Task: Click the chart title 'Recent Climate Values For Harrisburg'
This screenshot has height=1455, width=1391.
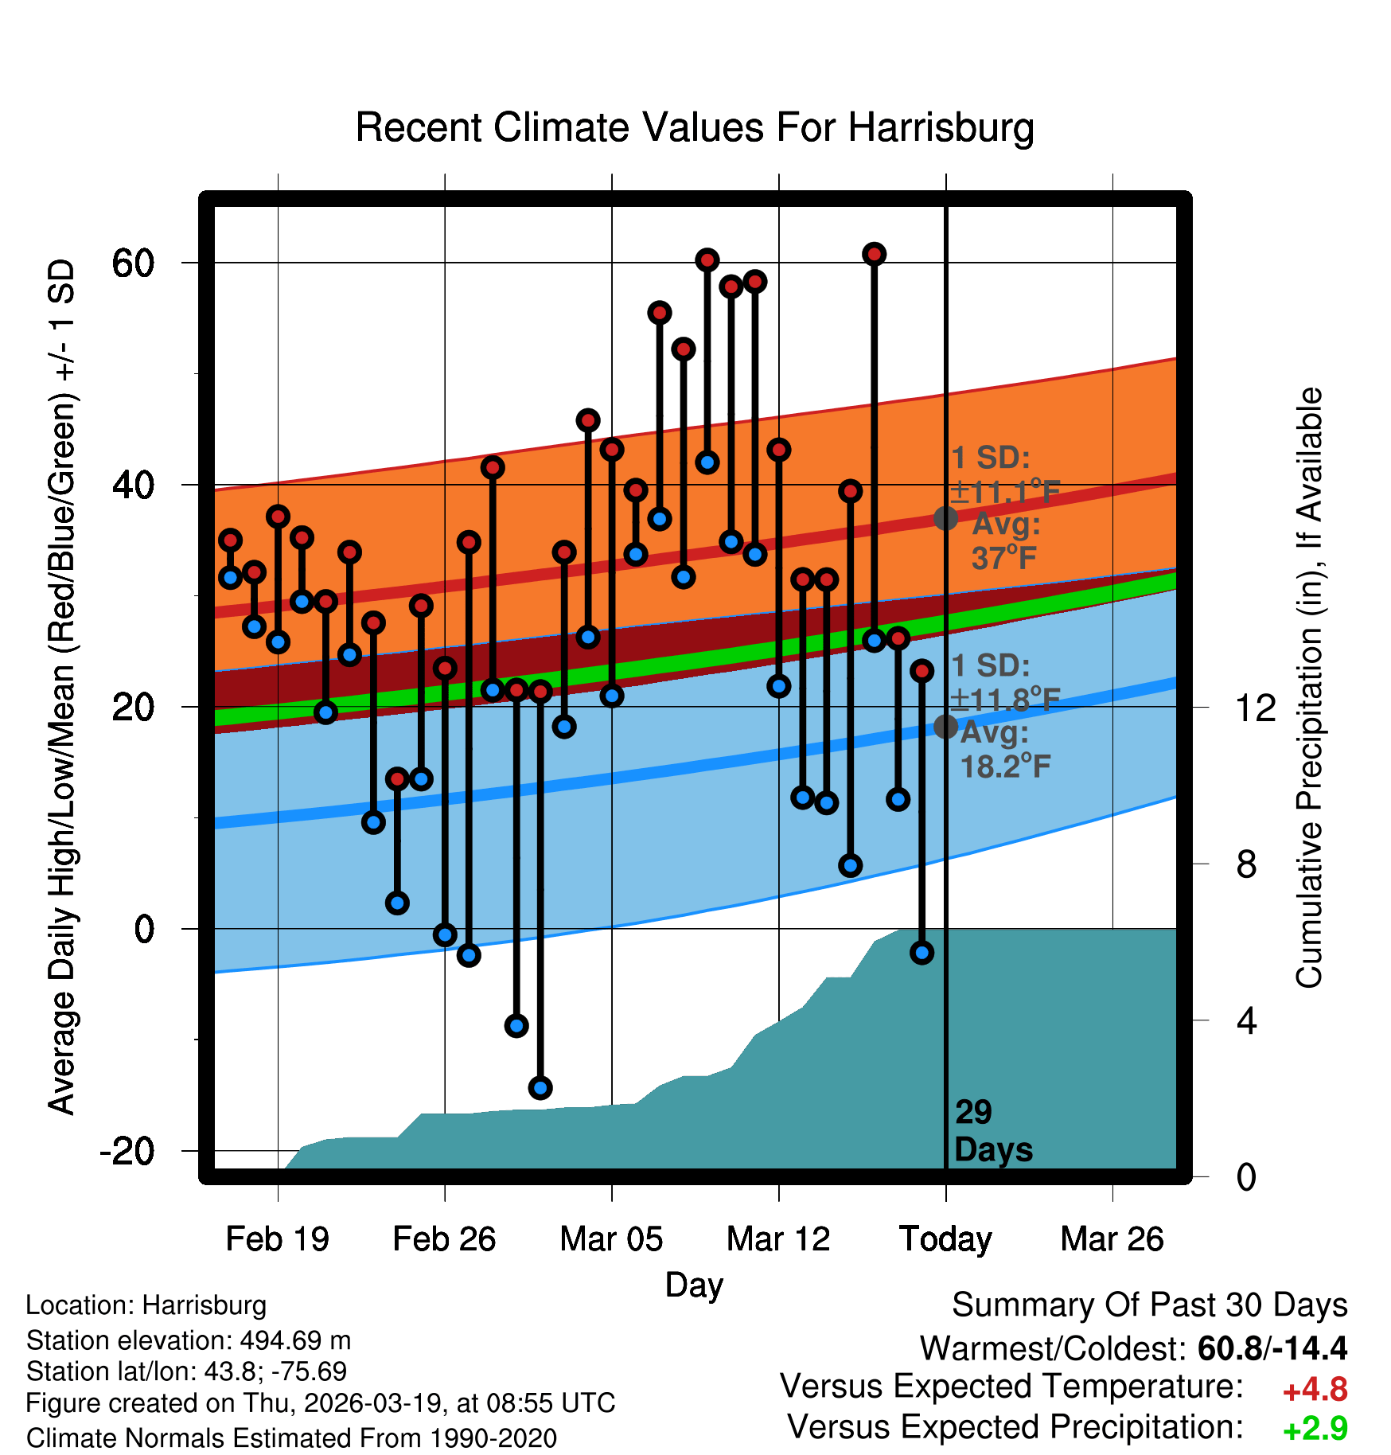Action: (x=695, y=127)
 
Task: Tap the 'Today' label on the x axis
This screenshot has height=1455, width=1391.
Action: (x=945, y=1239)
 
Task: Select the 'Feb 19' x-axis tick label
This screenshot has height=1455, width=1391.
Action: (x=277, y=1239)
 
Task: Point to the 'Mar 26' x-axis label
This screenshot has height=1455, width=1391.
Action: (x=1112, y=1239)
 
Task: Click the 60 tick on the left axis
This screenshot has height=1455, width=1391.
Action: (x=133, y=263)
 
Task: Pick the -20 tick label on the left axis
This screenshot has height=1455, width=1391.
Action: (x=127, y=1151)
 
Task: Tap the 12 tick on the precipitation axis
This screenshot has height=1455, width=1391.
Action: (x=1255, y=708)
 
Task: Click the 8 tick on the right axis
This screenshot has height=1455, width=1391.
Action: (x=1246, y=864)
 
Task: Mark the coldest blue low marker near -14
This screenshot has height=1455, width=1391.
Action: (x=540, y=1087)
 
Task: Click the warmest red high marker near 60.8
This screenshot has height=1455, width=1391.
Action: (x=874, y=254)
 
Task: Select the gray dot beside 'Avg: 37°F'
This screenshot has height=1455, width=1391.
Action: (x=945, y=518)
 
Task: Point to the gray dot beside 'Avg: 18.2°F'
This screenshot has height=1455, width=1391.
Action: (x=945, y=726)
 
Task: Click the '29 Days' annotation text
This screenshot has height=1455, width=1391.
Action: (x=992, y=1131)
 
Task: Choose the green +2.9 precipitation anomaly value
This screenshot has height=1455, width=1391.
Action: (x=1315, y=1429)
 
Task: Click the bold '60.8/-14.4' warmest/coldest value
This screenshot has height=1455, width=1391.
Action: (x=1272, y=1348)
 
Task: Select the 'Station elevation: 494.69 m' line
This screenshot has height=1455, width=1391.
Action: (x=189, y=1340)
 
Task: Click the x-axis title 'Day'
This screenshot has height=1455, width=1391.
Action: (x=694, y=1285)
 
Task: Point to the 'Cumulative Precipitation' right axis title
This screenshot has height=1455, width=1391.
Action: (x=1309, y=688)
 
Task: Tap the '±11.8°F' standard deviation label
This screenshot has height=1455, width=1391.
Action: (x=1005, y=699)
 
